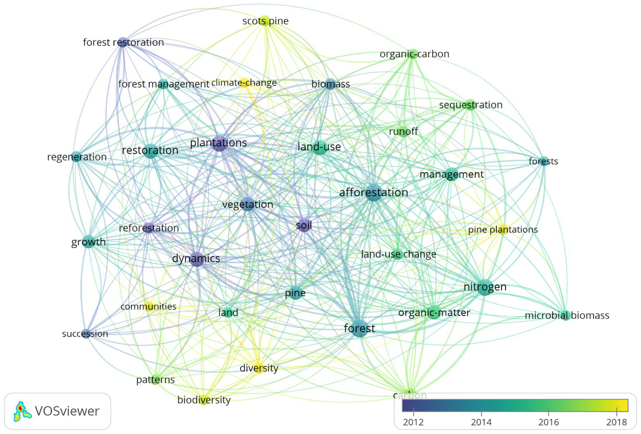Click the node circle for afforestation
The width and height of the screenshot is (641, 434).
point(374,193)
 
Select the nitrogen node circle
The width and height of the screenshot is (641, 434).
point(485,287)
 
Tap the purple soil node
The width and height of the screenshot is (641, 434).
point(304,226)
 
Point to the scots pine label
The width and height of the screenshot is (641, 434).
point(266,21)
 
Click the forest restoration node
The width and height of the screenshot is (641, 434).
point(122,42)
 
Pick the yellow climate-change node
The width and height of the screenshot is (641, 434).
point(244,83)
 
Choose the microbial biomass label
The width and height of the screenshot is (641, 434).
point(567,315)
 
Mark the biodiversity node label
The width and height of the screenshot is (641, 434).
point(204,400)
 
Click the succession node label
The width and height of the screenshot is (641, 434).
point(85,333)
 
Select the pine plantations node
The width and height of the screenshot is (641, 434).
point(503,229)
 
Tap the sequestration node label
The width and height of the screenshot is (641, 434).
point(471,105)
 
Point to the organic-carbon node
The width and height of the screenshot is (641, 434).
point(413,54)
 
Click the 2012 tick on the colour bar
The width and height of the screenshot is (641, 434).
point(413,411)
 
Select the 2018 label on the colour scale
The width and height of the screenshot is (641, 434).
point(616,422)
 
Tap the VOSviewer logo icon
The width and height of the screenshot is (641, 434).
point(22,411)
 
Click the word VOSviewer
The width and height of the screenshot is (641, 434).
point(67,411)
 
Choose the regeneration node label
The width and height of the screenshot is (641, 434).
point(77,157)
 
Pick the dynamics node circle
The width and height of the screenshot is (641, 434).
point(196,259)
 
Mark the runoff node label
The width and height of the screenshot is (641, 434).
point(403,132)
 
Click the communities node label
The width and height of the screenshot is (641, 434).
point(148,307)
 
